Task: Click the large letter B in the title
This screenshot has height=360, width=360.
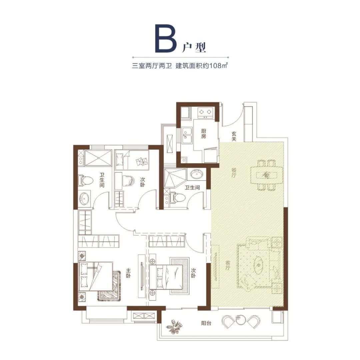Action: point(166,38)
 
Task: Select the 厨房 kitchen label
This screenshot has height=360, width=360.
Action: point(203,133)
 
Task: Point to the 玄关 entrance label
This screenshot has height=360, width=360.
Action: point(234,136)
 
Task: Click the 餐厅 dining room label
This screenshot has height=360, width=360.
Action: point(234,173)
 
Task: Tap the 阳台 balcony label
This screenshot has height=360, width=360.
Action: point(206,323)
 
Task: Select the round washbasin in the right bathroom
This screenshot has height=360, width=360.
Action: point(197,174)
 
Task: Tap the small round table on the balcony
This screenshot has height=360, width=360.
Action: point(241,320)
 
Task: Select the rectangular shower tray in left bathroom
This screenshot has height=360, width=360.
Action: point(98,158)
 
